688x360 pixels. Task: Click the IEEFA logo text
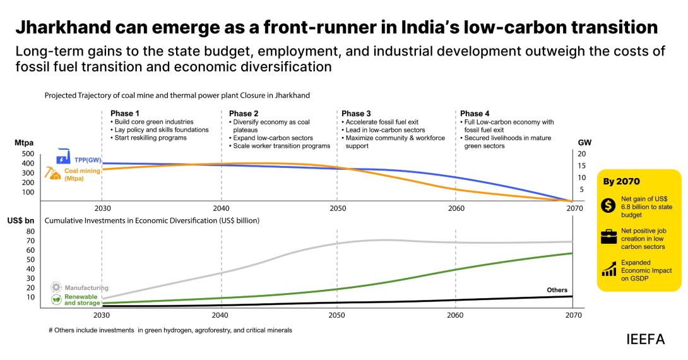coord(645,339)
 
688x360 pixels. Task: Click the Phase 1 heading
coord(121,114)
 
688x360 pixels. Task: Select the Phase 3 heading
coord(356,114)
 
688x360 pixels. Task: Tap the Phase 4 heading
coord(475,114)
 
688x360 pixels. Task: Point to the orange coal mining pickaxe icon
coord(51,172)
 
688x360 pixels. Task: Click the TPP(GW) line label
coord(88,160)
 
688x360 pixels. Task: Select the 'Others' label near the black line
coord(557,290)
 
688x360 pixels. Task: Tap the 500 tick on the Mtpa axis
coord(28,153)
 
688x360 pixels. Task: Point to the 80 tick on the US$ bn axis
coord(29,231)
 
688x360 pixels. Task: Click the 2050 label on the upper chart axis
coord(338,208)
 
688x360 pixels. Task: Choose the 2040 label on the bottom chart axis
coord(220,315)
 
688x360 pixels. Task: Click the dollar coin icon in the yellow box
coord(609,205)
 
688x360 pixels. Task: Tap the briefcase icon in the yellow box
coord(609,238)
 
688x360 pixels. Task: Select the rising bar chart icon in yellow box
coord(609,270)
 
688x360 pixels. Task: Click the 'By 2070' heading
coord(622,181)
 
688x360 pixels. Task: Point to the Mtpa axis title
coord(24,143)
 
